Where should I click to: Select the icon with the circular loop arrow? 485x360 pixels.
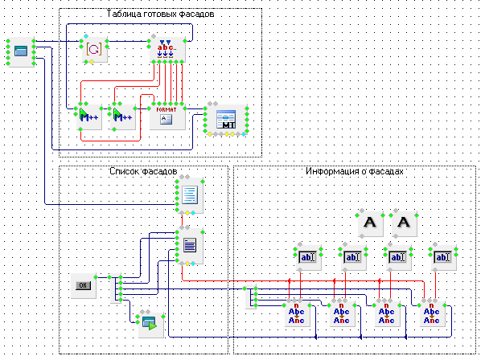93,49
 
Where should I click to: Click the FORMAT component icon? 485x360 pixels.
167,117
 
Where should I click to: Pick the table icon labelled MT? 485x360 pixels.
227,119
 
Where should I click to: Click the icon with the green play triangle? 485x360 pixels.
149,324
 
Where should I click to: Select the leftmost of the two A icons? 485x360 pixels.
370,223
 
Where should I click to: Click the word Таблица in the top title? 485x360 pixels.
123,14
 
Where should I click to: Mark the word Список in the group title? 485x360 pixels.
125,171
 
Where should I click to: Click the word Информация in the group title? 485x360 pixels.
332,171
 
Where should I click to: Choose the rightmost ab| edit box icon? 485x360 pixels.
441,257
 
